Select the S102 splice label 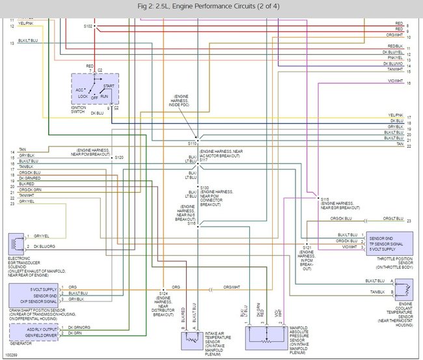89,27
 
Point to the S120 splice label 119,158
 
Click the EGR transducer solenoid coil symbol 14,243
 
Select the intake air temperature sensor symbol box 193,340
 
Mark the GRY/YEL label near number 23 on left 27,201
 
